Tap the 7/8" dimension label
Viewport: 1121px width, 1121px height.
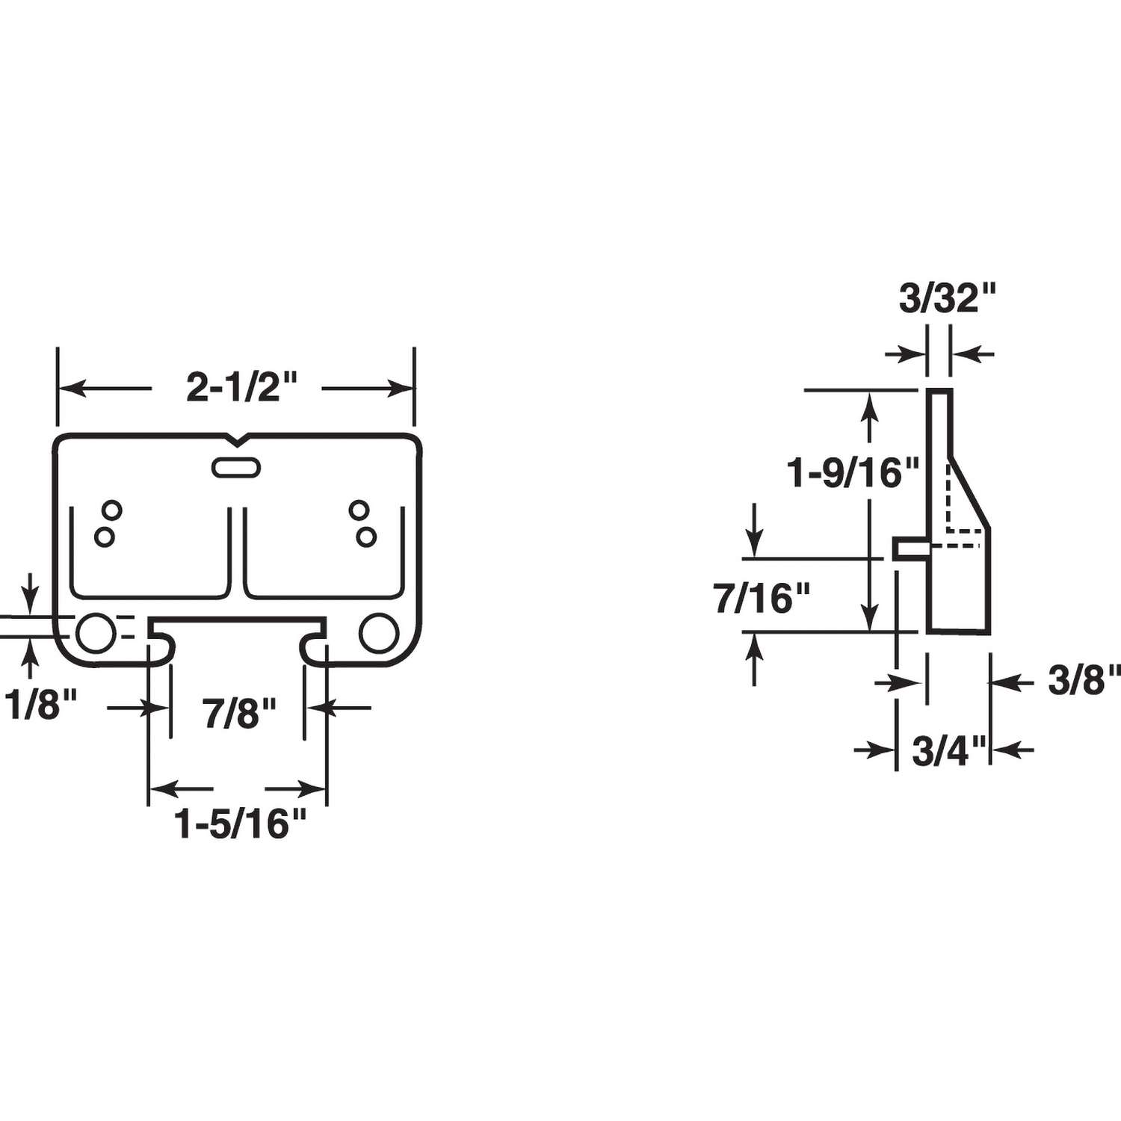pyautogui.click(x=239, y=713)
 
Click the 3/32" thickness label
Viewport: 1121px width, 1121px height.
pyautogui.click(x=948, y=298)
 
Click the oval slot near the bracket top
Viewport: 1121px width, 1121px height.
pyautogui.click(x=236, y=468)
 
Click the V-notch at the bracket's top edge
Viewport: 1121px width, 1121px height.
pyautogui.click(x=237, y=439)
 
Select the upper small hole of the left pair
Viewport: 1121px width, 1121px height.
pyautogui.click(x=112, y=510)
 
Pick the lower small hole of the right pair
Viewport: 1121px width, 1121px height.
pyautogui.click(x=366, y=537)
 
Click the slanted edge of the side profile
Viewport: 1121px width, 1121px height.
pyautogui.click(x=970, y=493)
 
